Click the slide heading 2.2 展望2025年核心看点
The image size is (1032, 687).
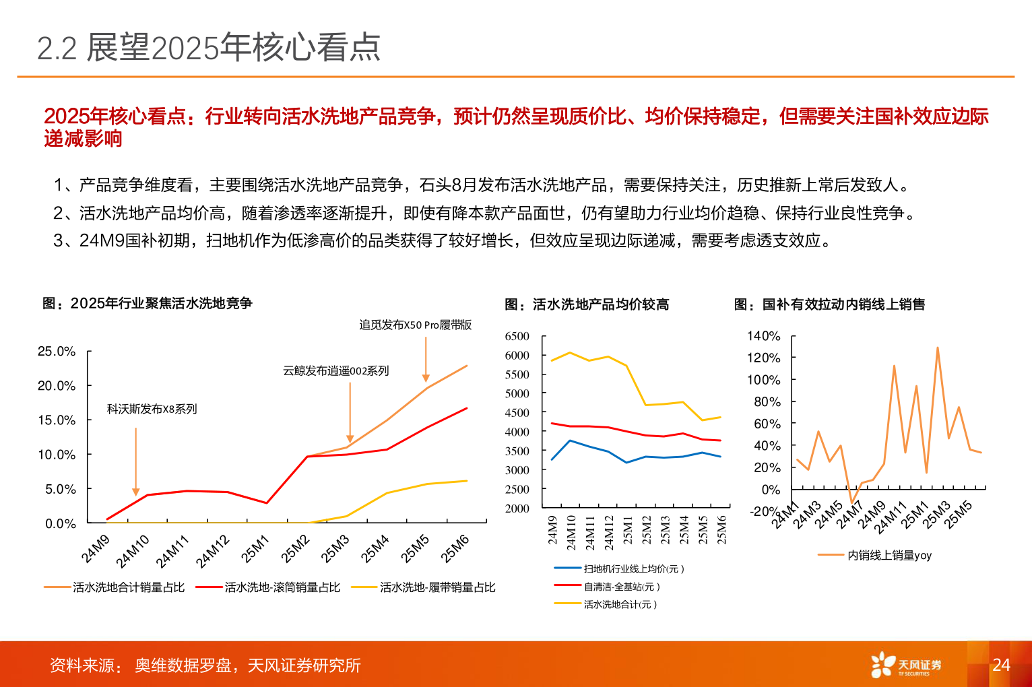click(x=209, y=48)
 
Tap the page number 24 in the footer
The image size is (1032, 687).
click(x=1001, y=665)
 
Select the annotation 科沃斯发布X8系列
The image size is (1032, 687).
click(x=152, y=409)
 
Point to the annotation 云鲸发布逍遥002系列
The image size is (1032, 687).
click(x=335, y=370)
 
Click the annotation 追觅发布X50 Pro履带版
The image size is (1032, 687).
click(x=415, y=325)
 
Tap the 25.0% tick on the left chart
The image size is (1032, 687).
click(x=57, y=351)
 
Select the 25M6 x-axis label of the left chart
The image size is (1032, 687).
click(x=455, y=549)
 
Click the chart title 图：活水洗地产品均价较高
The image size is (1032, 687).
click(x=587, y=304)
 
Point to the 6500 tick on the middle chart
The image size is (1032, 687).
click(x=517, y=336)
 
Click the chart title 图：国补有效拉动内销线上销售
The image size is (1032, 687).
click(x=829, y=304)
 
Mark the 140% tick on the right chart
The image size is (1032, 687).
click(x=763, y=335)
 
